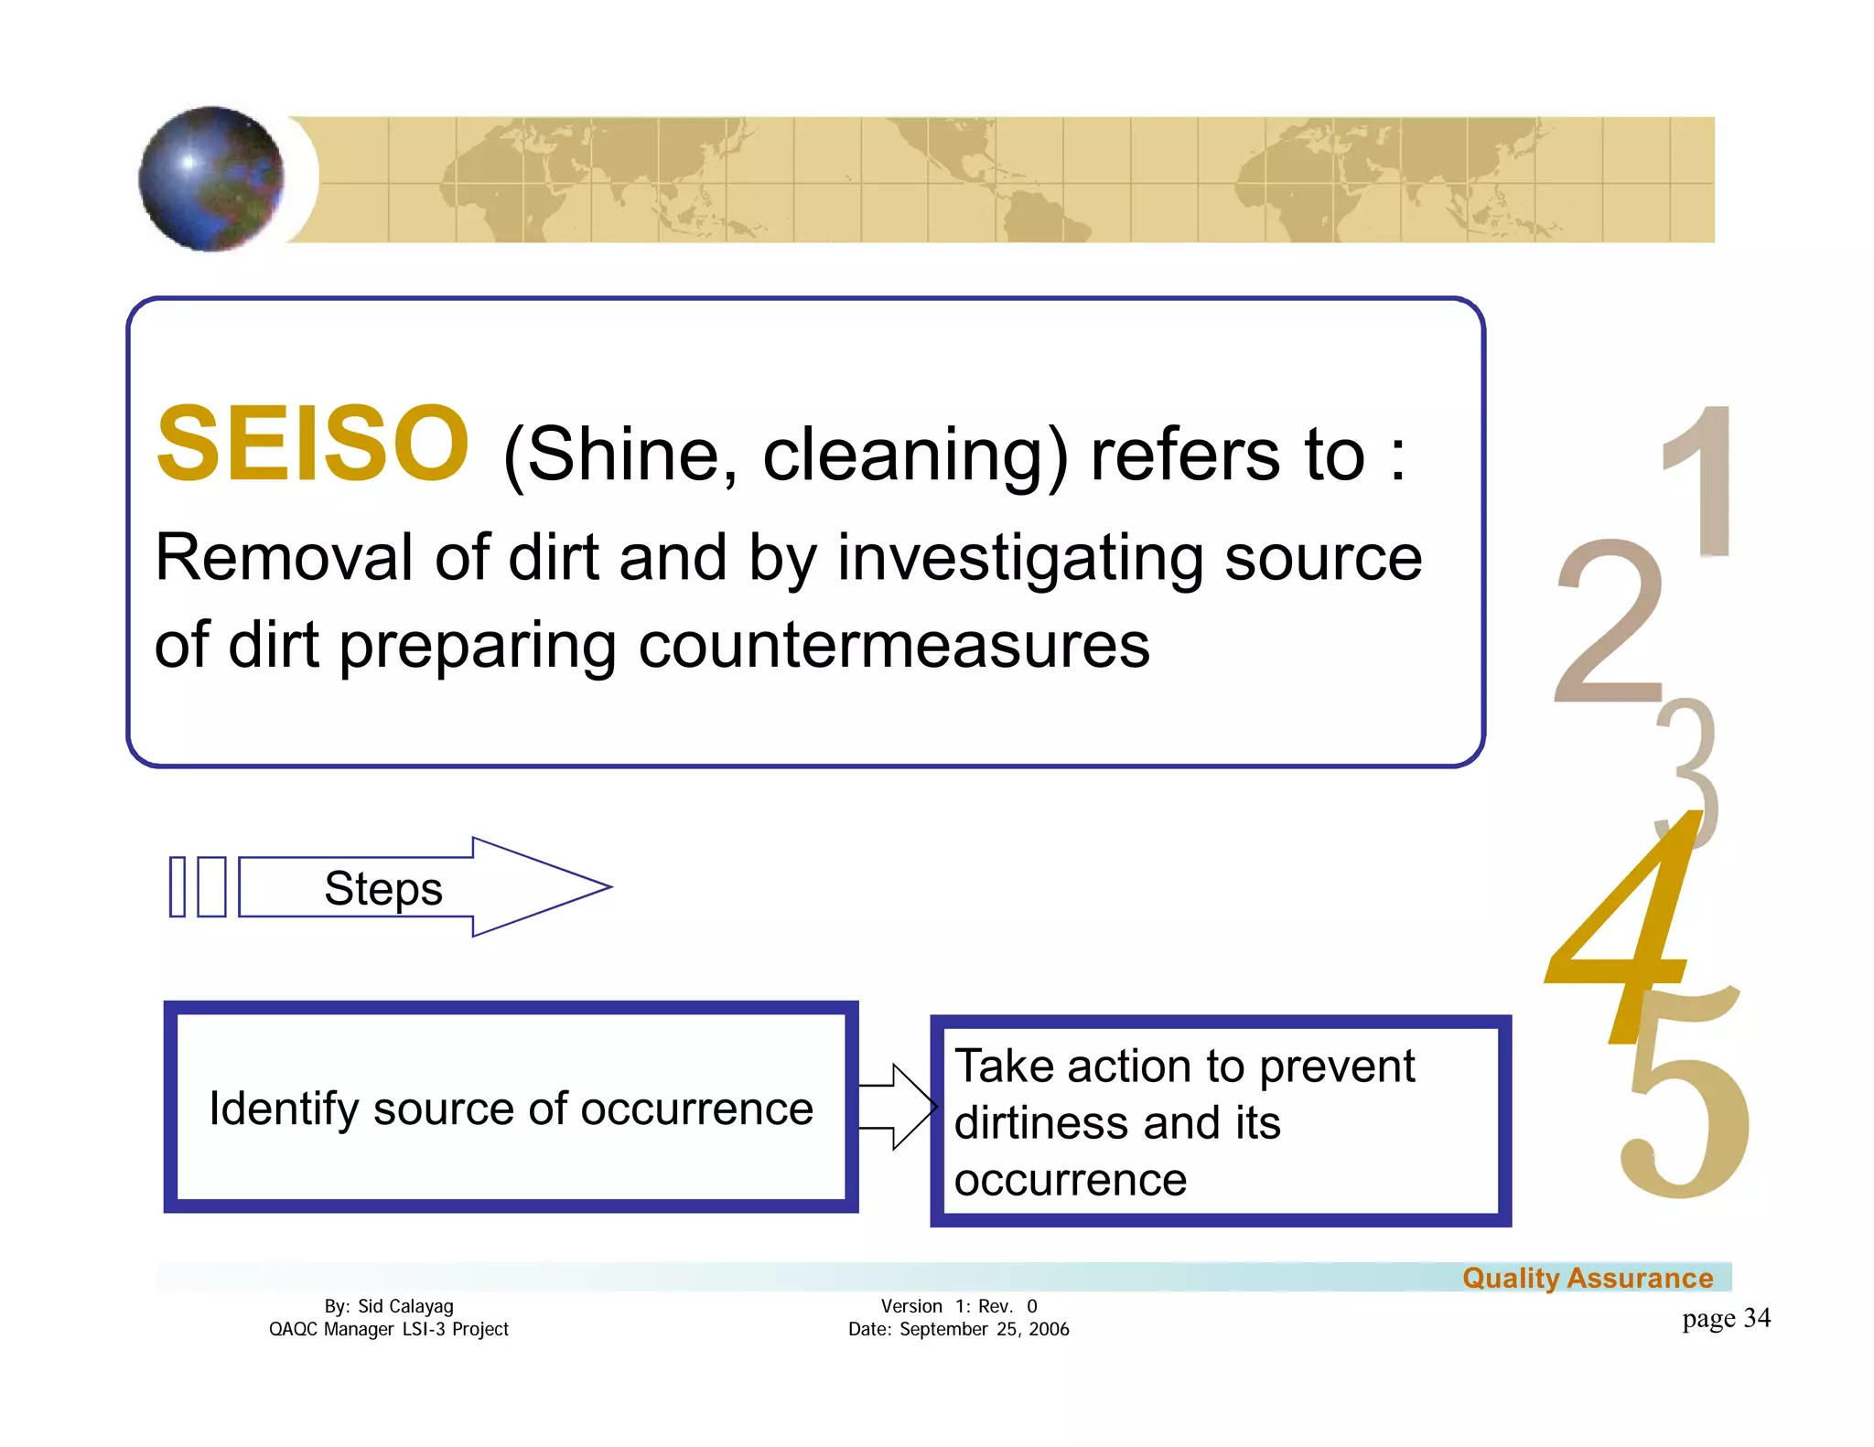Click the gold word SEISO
click(312, 445)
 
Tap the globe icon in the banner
click(211, 178)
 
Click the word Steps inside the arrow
click(383, 888)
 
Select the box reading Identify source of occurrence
click(511, 1108)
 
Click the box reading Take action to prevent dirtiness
click(1220, 1121)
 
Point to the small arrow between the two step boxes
click(898, 1107)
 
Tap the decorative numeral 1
click(1702, 481)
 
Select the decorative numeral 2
click(1610, 622)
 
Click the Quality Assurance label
click(1587, 1278)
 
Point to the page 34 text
click(1726, 1318)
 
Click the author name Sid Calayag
click(405, 1306)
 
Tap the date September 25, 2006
click(984, 1329)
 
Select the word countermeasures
click(893, 646)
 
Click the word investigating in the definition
click(1020, 558)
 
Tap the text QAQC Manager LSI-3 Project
click(388, 1329)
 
